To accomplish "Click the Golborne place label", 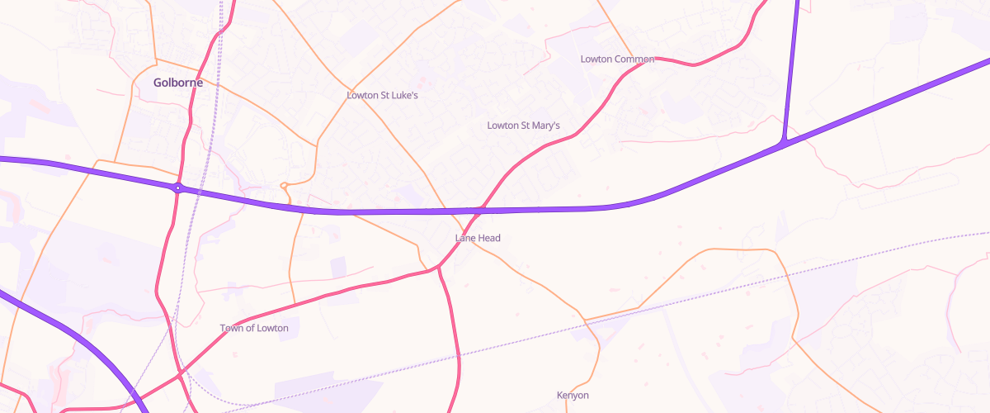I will point(178,83).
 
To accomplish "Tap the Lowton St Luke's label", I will point(382,96).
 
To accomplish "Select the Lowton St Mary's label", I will point(523,126).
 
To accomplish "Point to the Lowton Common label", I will point(617,59).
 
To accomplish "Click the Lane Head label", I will point(478,238).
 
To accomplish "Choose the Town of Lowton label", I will point(254,328).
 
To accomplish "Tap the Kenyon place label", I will point(573,396).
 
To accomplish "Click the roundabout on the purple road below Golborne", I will point(177,188).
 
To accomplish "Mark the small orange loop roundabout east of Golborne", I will point(285,185).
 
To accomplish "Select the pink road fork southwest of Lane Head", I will point(438,268).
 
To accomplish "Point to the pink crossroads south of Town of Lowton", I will point(180,376).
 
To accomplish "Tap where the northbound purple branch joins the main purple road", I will point(782,145).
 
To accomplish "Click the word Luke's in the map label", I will point(404,96).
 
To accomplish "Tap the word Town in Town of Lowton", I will point(232,328).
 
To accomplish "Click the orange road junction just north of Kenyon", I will point(584,319).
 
